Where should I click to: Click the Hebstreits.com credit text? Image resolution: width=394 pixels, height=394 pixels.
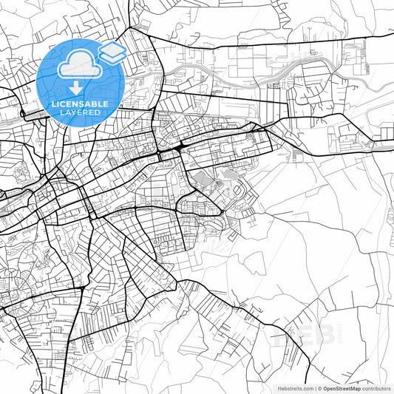pos(293,388)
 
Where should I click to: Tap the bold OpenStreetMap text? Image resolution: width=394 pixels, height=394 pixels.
pos(342,388)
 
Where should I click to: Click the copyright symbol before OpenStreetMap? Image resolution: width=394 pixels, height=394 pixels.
pos(320,388)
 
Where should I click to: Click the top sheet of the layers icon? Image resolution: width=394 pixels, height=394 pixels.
pos(112,48)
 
